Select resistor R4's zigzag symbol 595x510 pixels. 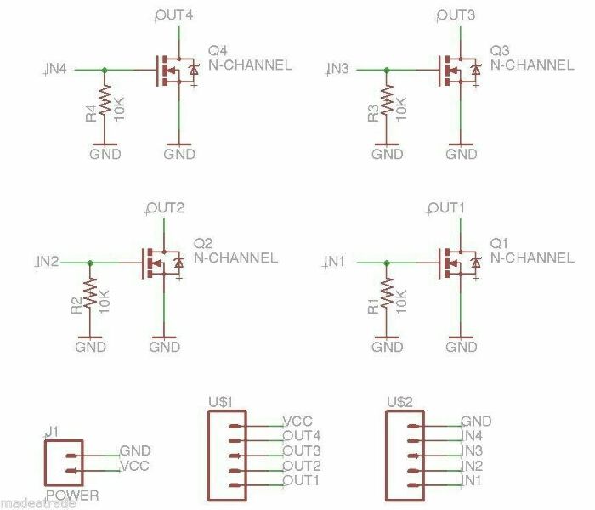(x=105, y=101)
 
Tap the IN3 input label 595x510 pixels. (x=338, y=69)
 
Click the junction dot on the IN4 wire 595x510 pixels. (x=105, y=70)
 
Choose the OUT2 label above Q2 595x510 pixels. (x=166, y=208)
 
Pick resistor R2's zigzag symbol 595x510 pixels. (x=90, y=293)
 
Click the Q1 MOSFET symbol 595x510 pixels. (x=455, y=263)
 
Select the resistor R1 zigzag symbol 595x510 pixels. (x=387, y=294)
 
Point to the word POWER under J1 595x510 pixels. (x=72, y=496)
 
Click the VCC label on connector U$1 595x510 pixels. (x=297, y=421)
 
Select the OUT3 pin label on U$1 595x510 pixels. (x=301, y=450)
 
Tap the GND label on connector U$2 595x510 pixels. (x=476, y=421)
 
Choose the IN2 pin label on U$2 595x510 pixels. (x=472, y=466)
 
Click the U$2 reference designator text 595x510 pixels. (x=399, y=400)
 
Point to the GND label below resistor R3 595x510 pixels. (x=387, y=154)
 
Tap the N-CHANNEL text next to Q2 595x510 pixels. (x=235, y=258)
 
